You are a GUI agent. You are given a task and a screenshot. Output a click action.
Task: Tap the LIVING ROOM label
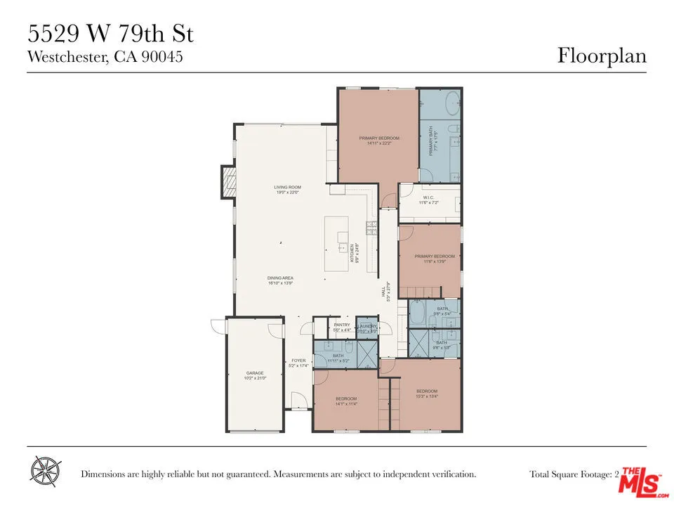[286, 187]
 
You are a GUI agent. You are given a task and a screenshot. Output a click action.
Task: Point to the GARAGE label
[254, 373]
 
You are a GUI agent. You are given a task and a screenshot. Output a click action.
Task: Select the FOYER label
[298, 361]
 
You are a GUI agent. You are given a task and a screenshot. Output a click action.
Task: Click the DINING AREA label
[280, 278]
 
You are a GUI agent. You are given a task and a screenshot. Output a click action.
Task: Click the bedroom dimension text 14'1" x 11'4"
[346, 404]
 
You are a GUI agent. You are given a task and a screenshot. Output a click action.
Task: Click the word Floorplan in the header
[602, 56]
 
